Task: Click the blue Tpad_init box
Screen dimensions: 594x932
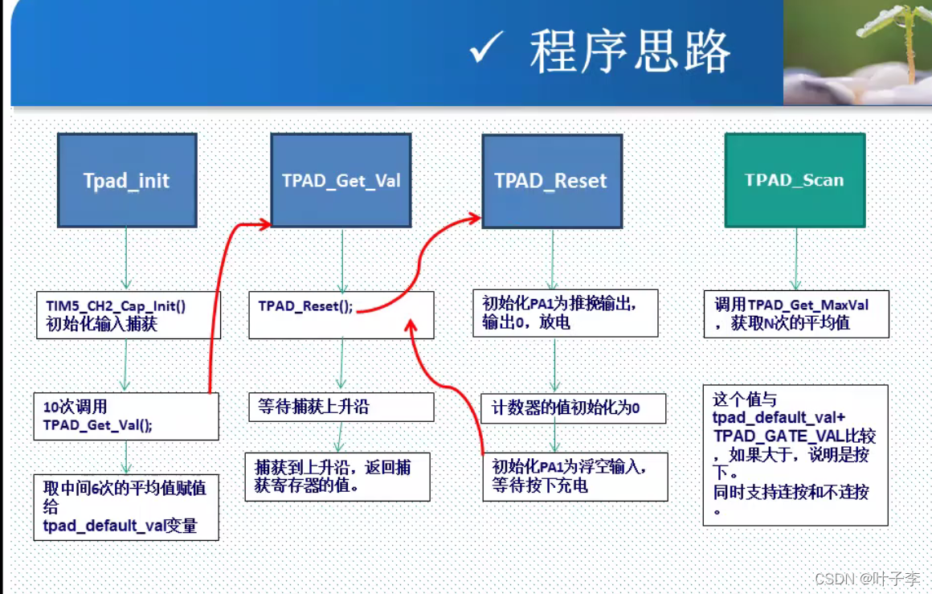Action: click(x=127, y=180)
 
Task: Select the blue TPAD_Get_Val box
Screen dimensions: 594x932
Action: click(x=341, y=180)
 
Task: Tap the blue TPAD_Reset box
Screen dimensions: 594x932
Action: click(x=552, y=180)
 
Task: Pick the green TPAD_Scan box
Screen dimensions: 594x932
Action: click(x=795, y=180)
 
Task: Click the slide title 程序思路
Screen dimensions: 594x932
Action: click(x=630, y=52)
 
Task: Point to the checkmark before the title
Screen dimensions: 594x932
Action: click(x=486, y=50)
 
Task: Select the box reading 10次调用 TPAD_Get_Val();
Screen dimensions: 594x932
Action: click(x=126, y=416)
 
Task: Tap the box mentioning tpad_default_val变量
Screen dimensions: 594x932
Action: click(x=126, y=506)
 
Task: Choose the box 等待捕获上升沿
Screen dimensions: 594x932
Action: click(x=341, y=407)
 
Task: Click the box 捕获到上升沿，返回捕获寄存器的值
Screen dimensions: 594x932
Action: click(x=337, y=477)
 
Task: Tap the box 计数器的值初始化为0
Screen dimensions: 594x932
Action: click(x=573, y=408)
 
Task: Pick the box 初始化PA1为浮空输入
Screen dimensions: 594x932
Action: click(x=574, y=477)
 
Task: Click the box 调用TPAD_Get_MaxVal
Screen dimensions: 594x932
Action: click(x=796, y=313)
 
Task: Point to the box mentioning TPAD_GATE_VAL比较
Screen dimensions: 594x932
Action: click(x=795, y=454)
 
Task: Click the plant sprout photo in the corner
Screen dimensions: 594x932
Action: click(x=857, y=52)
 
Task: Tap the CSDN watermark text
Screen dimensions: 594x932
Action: click(x=867, y=579)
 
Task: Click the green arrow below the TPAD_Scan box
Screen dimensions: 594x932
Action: click(x=796, y=258)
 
